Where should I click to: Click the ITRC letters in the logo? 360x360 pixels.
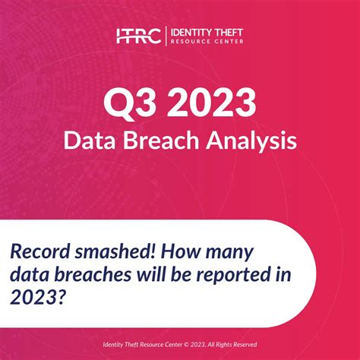(138, 35)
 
